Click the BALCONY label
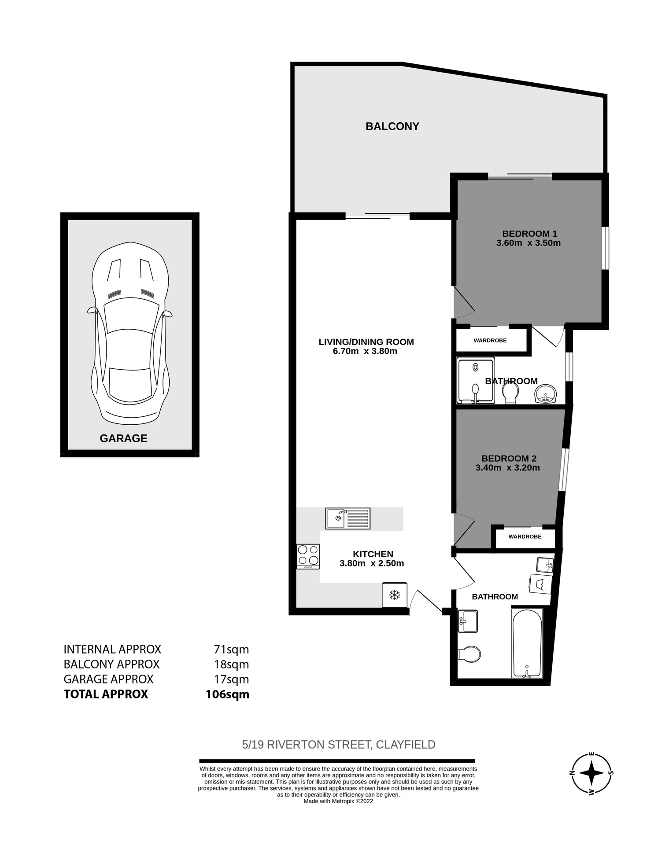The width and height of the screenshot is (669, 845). point(392,126)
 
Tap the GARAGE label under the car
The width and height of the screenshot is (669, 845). point(123,438)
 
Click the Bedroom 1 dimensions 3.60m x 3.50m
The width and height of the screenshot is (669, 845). point(529,243)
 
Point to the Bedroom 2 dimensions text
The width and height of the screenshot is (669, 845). point(508,468)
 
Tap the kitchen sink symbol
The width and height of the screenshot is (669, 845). point(348,518)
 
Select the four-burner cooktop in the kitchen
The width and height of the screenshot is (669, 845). point(308,556)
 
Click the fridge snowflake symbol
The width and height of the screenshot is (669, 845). point(395,595)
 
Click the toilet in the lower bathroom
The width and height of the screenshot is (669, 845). point(469,654)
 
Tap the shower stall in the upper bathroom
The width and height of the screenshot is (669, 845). point(476,380)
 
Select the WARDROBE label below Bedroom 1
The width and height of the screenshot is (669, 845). point(490,341)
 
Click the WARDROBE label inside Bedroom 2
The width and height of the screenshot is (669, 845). point(525,537)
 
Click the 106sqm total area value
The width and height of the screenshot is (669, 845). point(227,694)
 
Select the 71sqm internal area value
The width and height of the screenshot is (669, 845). point(232,650)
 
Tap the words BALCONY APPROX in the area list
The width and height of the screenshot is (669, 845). point(112,664)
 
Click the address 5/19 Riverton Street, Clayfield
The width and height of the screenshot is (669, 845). point(339,745)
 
